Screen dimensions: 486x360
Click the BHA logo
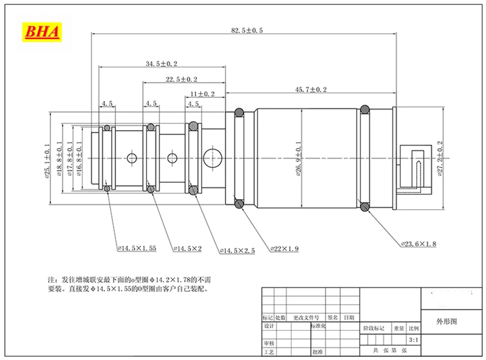pos(42,32)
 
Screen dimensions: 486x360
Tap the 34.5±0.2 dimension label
pos(161,64)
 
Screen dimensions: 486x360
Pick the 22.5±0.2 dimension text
pos(181,80)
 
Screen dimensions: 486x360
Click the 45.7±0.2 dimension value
pos(310,89)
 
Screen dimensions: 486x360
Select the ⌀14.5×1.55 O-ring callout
pos(137,248)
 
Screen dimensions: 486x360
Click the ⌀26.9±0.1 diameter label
pos(299,160)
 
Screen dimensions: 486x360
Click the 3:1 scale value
pos(414,339)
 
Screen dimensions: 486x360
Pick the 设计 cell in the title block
pos(270,326)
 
